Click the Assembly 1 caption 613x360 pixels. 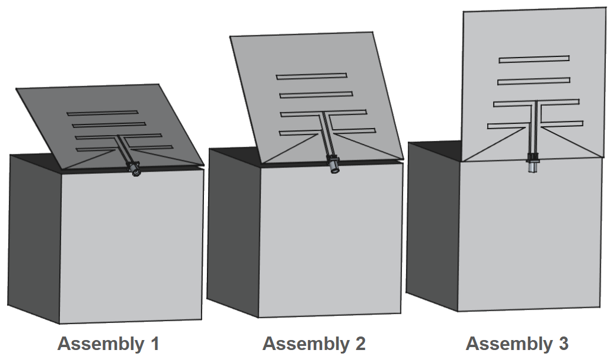(x=108, y=344)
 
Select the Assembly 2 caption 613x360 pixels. (x=314, y=344)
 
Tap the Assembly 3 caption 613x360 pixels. (x=517, y=344)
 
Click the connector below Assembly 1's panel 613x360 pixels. (x=136, y=171)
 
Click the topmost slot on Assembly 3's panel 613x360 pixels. (x=534, y=59)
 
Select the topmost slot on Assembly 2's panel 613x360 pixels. (x=311, y=76)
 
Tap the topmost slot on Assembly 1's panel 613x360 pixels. (x=102, y=113)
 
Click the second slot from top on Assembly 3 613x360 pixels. (x=534, y=81)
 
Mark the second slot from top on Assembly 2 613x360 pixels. (x=316, y=94)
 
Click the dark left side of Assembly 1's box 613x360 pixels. (x=35, y=235)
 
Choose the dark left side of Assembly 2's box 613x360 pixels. (x=234, y=232)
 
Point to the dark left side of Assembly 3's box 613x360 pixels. (x=432, y=223)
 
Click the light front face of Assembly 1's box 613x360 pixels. (x=132, y=247)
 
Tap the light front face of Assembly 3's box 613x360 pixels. (x=529, y=235)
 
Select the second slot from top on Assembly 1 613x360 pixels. (x=109, y=125)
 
